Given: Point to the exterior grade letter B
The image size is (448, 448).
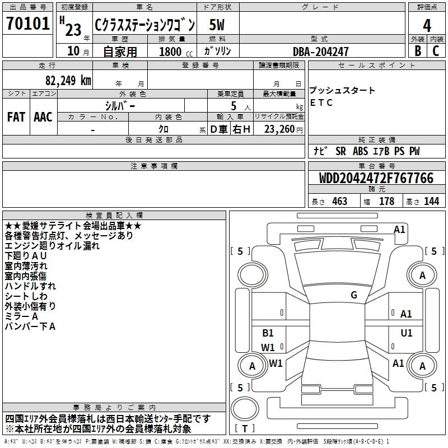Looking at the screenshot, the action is (417, 50).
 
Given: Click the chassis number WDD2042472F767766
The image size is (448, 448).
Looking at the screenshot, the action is (376, 178).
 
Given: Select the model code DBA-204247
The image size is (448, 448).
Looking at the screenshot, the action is (320, 52).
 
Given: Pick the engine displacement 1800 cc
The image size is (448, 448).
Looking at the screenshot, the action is (170, 52).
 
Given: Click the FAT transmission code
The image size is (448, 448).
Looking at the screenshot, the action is (16, 116).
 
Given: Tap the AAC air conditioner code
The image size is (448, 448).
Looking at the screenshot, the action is (43, 116).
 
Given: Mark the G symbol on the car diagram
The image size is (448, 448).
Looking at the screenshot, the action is (354, 295).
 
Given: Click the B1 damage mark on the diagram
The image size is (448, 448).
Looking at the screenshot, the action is (268, 333).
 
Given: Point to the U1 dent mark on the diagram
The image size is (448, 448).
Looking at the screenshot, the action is (407, 333).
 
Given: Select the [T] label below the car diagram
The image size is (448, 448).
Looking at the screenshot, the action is (245, 428).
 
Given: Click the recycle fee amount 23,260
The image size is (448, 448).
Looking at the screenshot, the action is (283, 129).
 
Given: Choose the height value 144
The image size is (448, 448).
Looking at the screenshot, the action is (431, 201).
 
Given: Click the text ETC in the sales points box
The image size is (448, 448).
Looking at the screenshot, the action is (321, 102).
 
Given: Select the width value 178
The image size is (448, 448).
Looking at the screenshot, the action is (386, 201).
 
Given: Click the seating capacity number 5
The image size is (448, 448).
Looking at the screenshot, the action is (233, 105).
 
